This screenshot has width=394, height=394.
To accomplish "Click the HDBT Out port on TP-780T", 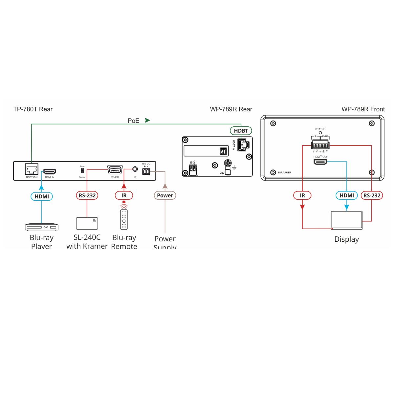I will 32,169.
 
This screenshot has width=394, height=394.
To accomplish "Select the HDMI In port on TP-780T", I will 50,172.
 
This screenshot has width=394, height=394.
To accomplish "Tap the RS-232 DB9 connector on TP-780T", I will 115,170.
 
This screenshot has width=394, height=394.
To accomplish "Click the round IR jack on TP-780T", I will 135,169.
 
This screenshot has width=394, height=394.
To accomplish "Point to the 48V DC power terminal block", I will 146,171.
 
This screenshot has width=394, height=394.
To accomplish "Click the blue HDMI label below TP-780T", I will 42,196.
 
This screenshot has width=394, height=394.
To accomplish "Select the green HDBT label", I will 241,131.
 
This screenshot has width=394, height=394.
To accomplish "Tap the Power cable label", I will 165,195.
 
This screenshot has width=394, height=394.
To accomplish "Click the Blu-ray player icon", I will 42,227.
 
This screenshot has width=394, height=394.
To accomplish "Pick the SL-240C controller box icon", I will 87,223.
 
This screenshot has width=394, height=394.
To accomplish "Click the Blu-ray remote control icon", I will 124,219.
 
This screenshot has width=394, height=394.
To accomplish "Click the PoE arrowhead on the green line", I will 147,120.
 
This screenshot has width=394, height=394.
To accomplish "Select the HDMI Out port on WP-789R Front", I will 320,162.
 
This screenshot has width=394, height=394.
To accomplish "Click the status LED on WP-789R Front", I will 320,133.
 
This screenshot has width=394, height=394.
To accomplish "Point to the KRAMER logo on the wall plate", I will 284,172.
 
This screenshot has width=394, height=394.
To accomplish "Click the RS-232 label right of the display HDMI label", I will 372,195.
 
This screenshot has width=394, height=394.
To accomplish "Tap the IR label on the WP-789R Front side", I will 302,195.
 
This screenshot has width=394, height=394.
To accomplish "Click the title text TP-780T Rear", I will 33,109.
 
